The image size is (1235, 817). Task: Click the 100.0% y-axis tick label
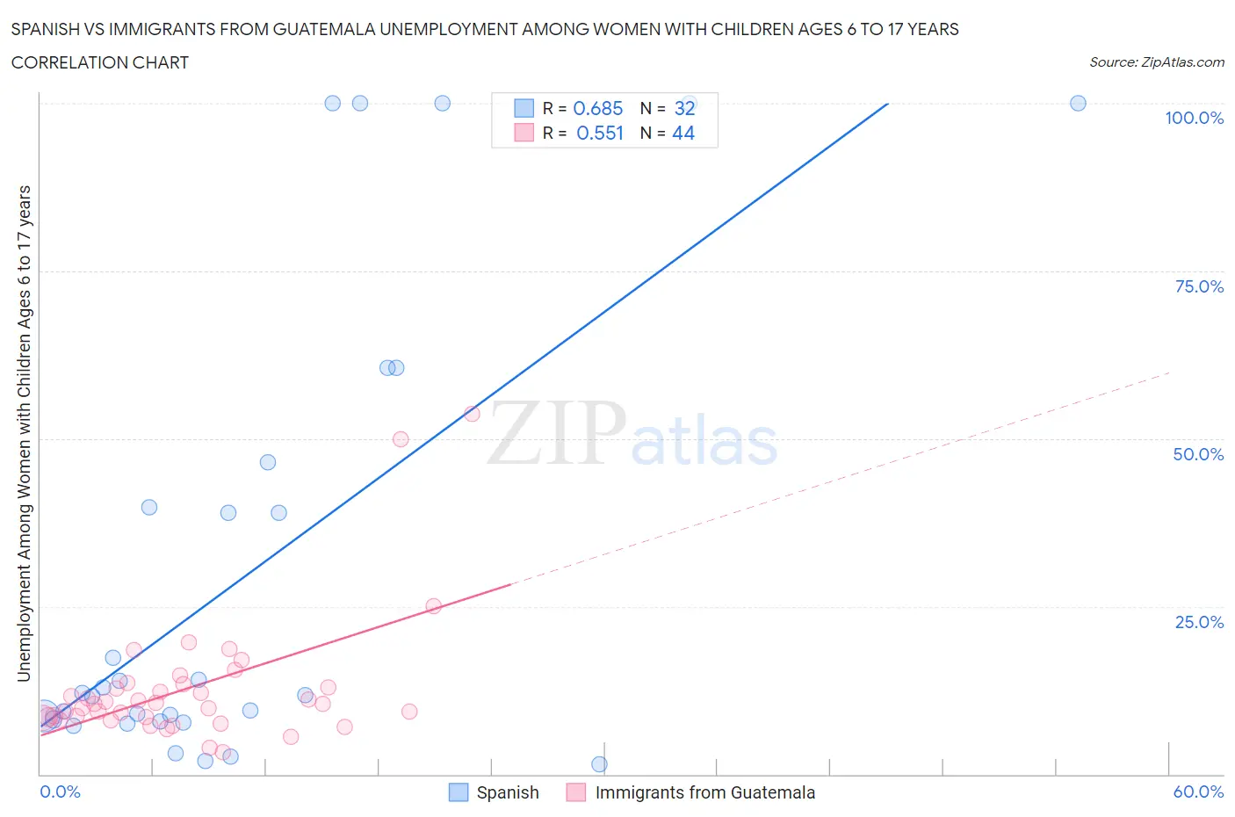coord(1194,119)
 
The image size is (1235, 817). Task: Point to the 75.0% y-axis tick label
coord(1198,286)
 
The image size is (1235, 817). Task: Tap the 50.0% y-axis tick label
coord(1197,454)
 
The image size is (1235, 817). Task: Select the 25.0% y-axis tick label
coord(1198,622)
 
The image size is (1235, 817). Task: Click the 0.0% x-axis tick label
coord(60,792)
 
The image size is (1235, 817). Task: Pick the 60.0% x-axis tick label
coord(1198,792)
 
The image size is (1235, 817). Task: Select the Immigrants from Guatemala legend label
coord(704,792)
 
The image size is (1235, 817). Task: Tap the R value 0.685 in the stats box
coord(597,108)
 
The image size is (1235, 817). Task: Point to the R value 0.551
coord(599,133)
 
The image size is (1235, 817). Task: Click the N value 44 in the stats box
coord(683,133)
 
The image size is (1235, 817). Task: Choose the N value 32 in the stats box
coord(684,108)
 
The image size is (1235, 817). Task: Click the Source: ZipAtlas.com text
coord(1156,62)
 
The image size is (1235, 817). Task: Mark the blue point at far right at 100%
coord(1078,104)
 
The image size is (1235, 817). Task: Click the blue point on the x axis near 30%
coord(599,764)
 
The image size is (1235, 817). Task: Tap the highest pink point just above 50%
coord(472,414)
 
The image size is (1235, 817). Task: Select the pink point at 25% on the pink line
coord(433,606)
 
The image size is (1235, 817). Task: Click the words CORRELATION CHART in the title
coord(100,62)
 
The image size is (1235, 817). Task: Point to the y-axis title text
coord(24,433)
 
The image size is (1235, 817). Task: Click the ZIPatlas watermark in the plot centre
coord(632,434)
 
